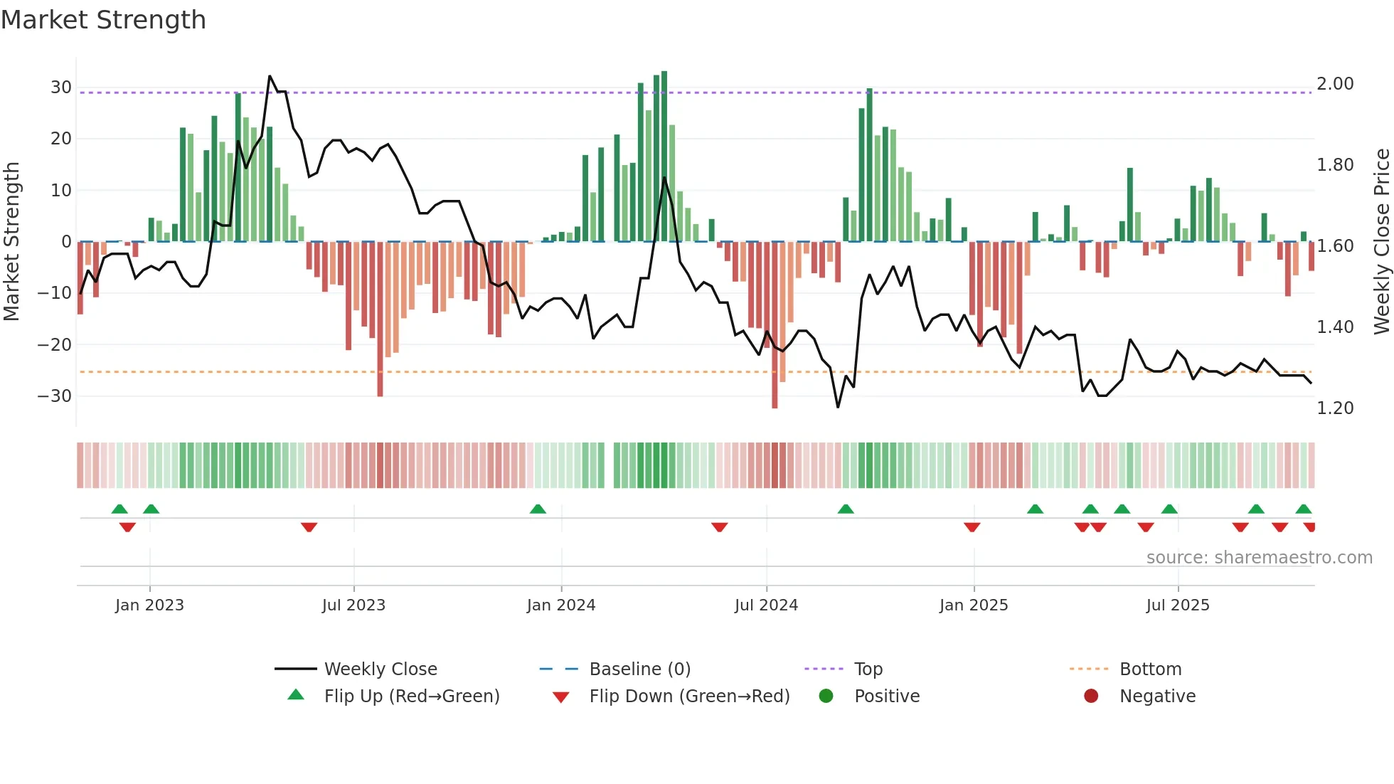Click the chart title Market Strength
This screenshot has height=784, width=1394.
coord(103,20)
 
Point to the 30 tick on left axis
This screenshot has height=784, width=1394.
coord(60,88)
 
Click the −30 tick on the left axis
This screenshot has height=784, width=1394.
coord(55,396)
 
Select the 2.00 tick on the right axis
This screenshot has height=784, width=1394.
coord(1335,84)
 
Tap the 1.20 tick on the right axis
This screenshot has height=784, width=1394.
coord(1335,408)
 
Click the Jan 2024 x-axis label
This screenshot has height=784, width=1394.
coord(560,605)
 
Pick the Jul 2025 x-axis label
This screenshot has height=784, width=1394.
coord(1177,605)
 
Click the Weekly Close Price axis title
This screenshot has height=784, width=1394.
coord(1381,242)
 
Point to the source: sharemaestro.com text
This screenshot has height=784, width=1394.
coord(1259,558)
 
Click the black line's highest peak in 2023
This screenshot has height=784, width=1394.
coord(270,76)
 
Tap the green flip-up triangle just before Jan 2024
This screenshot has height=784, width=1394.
coord(538,509)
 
